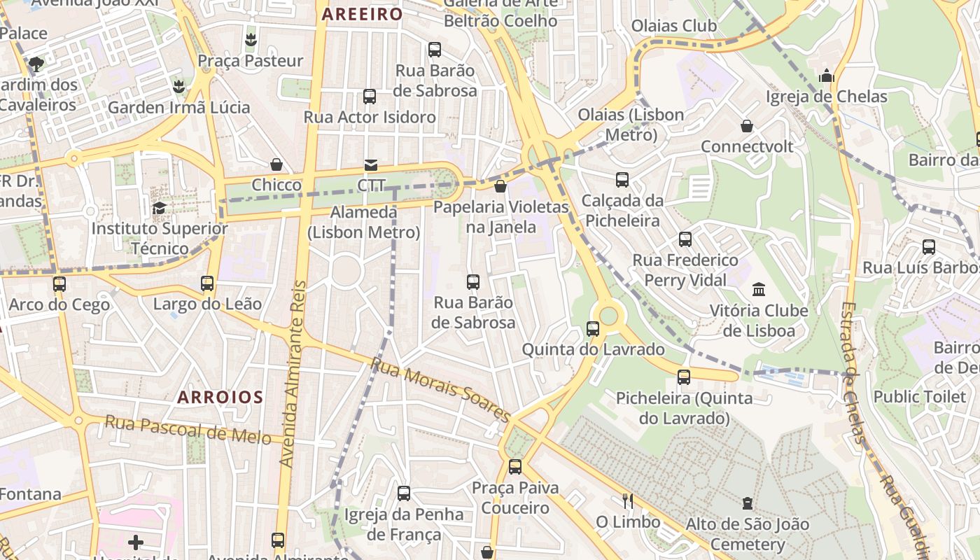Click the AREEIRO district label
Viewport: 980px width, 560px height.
[362, 14]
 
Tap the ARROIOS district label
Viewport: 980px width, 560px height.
[220, 398]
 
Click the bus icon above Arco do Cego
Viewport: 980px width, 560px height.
[59, 284]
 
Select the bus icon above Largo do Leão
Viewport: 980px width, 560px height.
[207, 283]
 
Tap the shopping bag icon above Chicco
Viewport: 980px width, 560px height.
[276, 164]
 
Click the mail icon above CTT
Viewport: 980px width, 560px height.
[370, 165]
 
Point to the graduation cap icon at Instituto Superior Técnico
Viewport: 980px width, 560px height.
[160, 208]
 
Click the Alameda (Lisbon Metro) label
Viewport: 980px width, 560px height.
[364, 222]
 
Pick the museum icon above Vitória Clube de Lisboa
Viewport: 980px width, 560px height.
[758, 289]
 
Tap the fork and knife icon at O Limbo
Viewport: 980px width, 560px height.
[628, 500]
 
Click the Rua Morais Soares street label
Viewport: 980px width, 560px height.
[440, 390]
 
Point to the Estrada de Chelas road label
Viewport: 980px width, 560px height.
[852, 371]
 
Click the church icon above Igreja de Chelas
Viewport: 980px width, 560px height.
[827, 76]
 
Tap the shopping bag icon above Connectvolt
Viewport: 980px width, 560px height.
[747, 126]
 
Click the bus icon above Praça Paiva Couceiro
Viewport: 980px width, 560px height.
[515, 466]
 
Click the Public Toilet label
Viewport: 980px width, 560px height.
[919, 396]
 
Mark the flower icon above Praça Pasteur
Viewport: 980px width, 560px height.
[251, 40]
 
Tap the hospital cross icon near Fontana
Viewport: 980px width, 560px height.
[136, 542]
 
